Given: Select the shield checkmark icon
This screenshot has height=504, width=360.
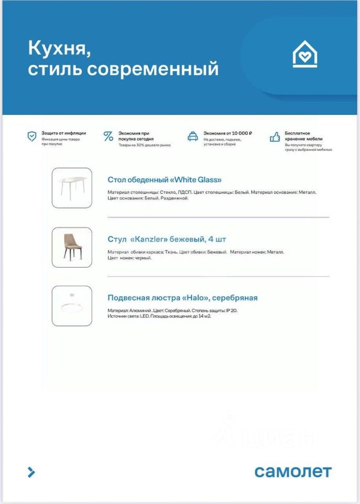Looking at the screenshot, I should [32, 136].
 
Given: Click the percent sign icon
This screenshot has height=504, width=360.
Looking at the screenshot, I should [109, 136].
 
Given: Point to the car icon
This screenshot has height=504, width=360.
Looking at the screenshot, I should [193, 136].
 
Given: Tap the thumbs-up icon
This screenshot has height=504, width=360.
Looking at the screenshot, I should [274, 136].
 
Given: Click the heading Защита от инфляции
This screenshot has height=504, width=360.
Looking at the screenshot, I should [63, 133].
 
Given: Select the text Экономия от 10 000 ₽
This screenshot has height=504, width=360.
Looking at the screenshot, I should [228, 133].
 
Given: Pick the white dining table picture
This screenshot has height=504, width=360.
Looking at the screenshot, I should [72, 188].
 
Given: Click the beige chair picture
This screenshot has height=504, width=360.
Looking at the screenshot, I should [72, 247].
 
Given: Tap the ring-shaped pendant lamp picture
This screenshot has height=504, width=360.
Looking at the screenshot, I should [72, 306].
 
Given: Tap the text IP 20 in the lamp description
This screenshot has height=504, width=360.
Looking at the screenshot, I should [231, 311].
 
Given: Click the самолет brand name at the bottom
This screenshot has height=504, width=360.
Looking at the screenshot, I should [293, 471].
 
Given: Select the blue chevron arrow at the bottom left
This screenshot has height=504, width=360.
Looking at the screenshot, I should [31, 471].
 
